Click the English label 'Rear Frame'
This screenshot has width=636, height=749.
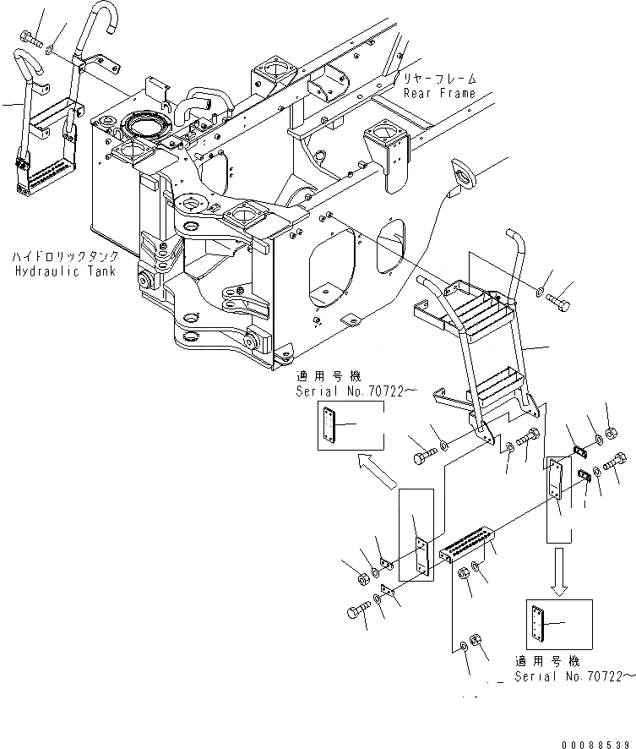(439, 93)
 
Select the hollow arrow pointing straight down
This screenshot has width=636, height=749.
(559, 569)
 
